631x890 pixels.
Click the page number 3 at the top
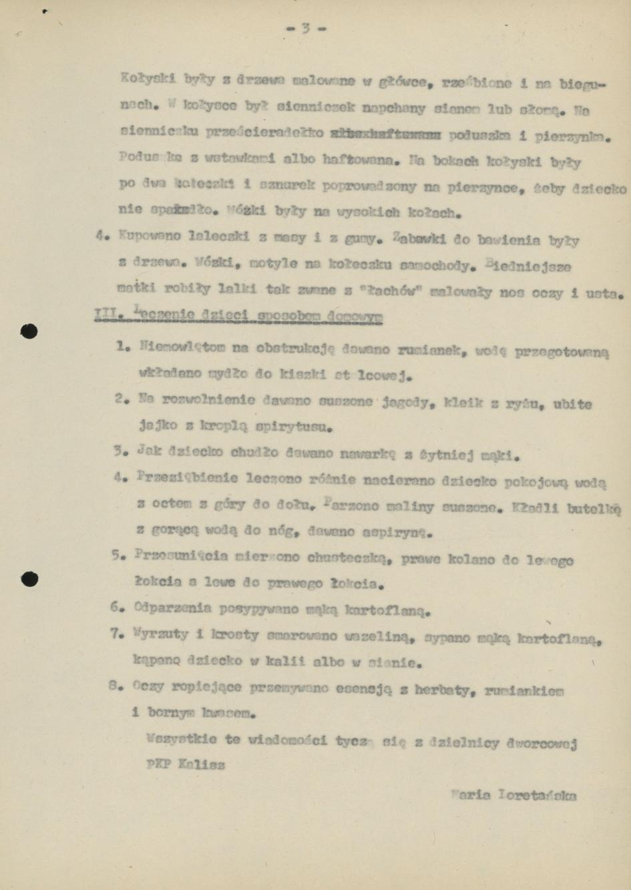point(305,28)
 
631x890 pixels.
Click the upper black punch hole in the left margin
point(29,331)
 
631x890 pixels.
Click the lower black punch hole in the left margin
point(29,578)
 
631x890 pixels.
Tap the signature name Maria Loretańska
point(513,795)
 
